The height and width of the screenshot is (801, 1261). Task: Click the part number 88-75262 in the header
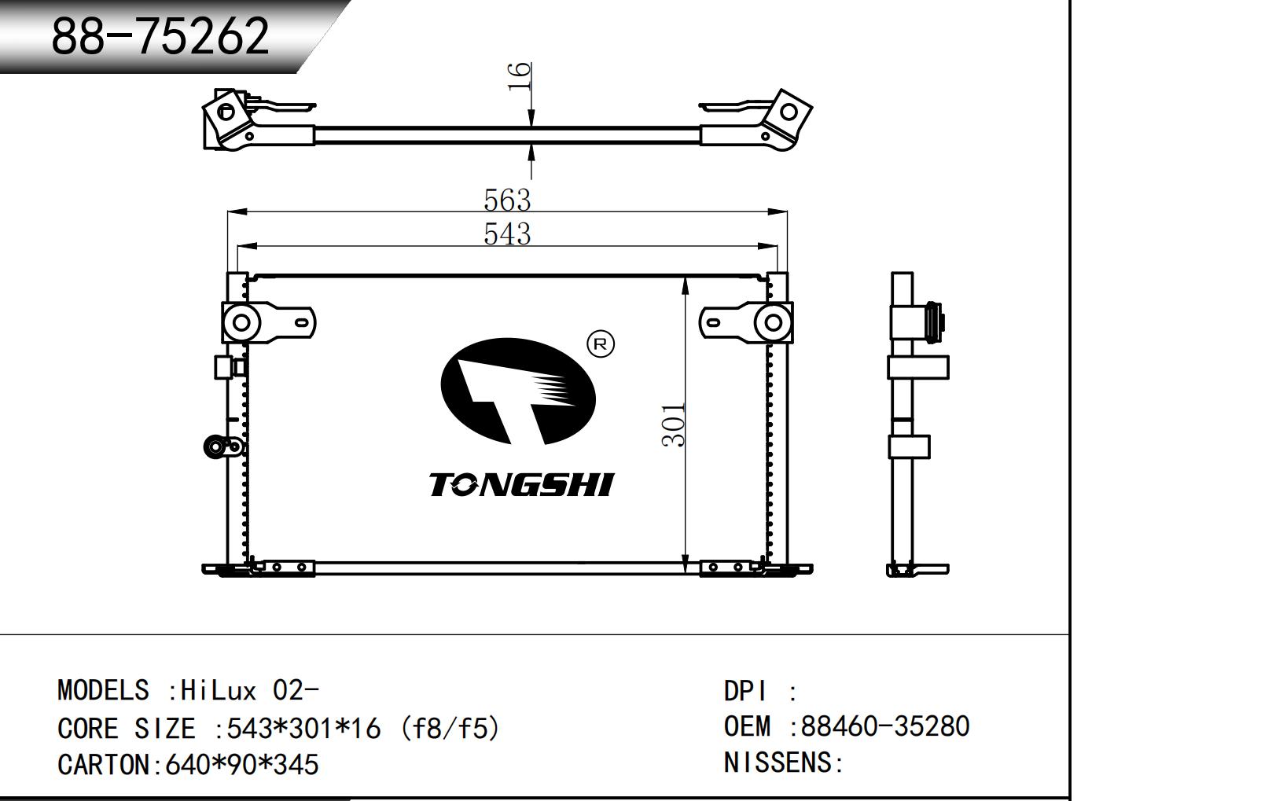pyautogui.click(x=160, y=36)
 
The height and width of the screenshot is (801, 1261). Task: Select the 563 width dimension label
pyautogui.click(x=507, y=200)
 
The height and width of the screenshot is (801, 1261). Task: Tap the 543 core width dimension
pyautogui.click(x=507, y=234)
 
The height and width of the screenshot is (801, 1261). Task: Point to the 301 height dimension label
pyautogui.click(x=674, y=425)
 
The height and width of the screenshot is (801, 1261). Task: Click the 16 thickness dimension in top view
pyautogui.click(x=520, y=76)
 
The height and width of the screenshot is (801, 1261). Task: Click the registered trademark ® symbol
pyautogui.click(x=601, y=344)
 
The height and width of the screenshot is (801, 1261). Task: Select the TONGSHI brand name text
pyautogui.click(x=521, y=485)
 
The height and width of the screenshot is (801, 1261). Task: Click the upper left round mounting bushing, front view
pyautogui.click(x=241, y=322)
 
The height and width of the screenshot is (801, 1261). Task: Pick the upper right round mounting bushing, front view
pyautogui.click(x=774, y=322)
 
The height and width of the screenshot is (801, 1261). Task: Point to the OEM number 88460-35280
pyautogui.click(x=884, y=726)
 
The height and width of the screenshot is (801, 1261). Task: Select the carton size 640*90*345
pyautogui.click(x=241, y=765)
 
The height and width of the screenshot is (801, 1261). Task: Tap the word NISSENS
pyautogui.click(x=778, y=762)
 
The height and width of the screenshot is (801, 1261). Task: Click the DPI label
pyautogui.click(x=744, y=691)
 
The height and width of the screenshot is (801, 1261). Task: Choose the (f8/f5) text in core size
pyautogui.click(x=450, y=729)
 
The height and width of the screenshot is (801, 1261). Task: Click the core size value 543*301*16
pyautogui.click(x=303, y=729)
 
